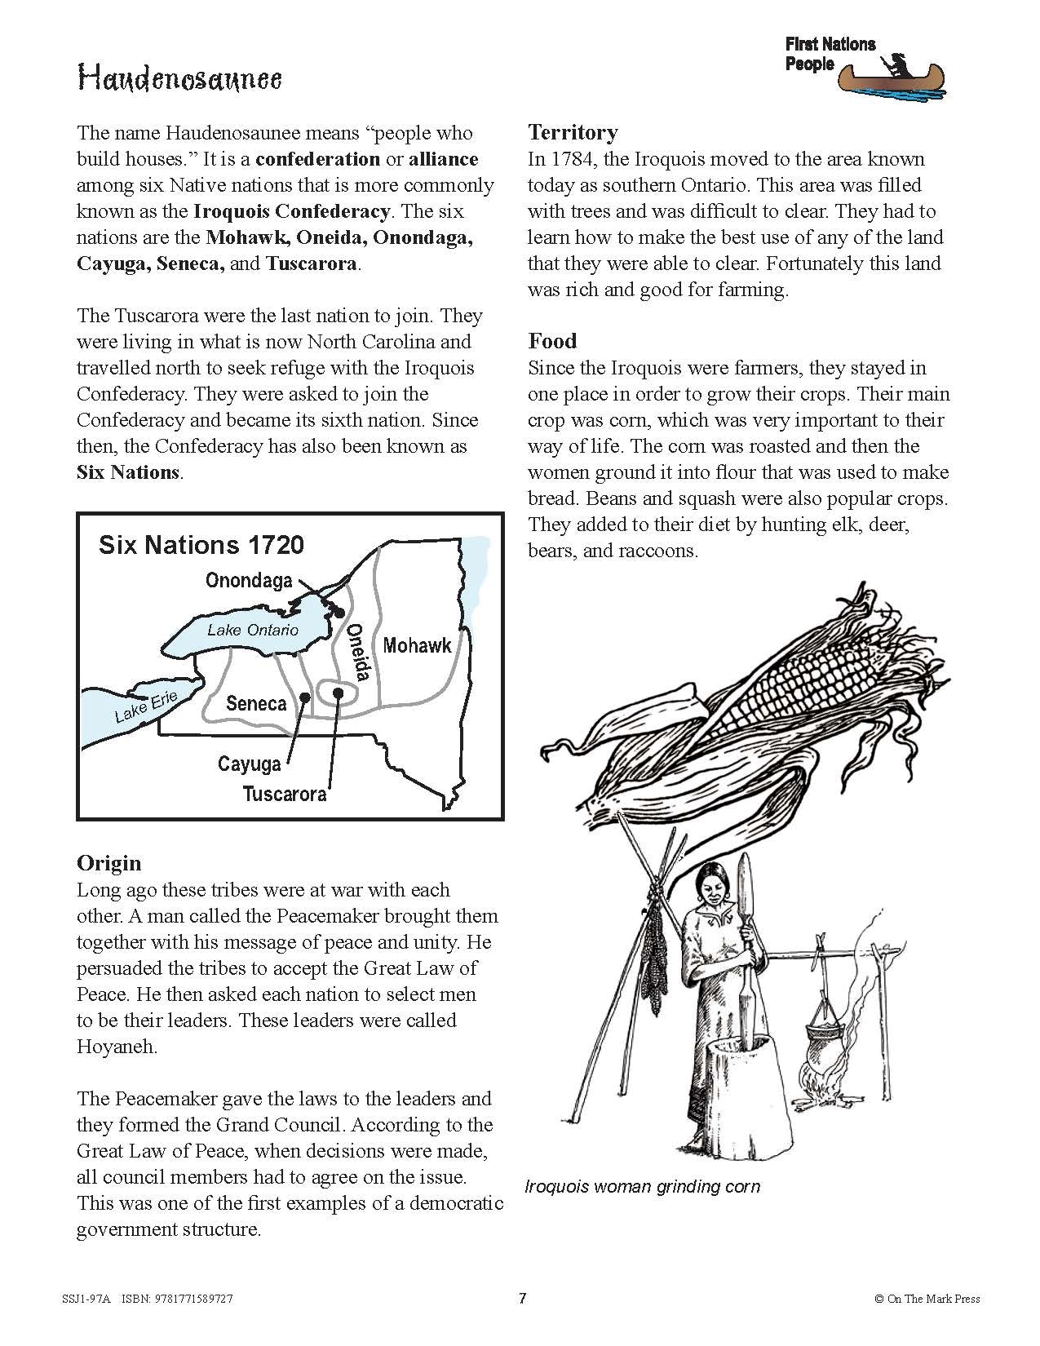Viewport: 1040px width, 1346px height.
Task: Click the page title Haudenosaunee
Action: pyautogui.click(x=179, y=79)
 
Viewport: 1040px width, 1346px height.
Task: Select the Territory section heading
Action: pyautogui.click(x=573, y=132)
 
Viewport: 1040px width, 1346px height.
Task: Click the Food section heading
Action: pyautogui.click(x=552, y=341)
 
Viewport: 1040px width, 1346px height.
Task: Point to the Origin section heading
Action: pyautogui.click(x=108, y=863)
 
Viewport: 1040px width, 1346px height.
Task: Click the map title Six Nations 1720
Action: pyautogui.click(x=201, y=545)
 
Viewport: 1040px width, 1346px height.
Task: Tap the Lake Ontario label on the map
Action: pyautogui.click(x=253, y=630)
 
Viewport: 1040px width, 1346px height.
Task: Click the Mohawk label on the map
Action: pyautogui.click(x=417, y=645)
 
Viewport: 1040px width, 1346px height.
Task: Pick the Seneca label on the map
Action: pyautogui.click(x=256, y=703)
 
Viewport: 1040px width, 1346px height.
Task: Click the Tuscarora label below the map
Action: pyautogui.click(x=285, y=794)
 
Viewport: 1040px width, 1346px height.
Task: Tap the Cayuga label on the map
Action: pyautogui.click(x=249, y=764)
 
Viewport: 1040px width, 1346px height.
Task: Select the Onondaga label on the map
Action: pyautogui.click(x=249, y=581)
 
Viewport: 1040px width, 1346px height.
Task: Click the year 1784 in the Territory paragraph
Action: pyautogui.click(x=572, y=159)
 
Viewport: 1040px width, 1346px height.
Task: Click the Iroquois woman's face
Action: pyautogui.click(x=713, y=884)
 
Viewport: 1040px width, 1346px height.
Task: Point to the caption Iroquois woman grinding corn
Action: pyautogui.click(x=642, y=1186)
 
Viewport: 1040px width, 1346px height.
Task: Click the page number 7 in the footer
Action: pyautogui.click(x=522, y=1298)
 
